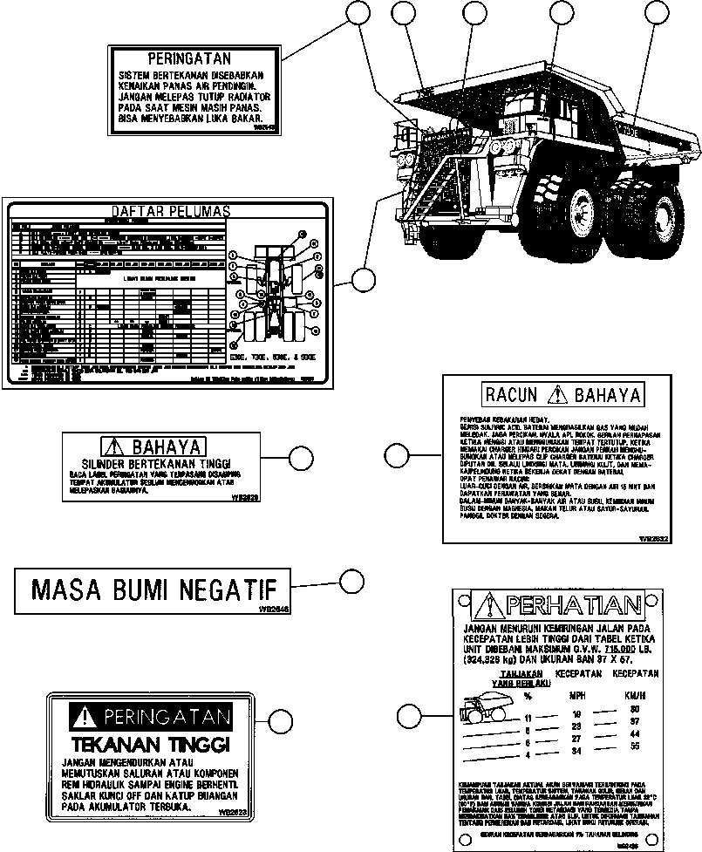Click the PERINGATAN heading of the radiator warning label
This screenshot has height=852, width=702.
189,60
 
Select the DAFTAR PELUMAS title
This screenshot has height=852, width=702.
170,211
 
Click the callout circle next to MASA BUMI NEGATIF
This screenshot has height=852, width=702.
351,582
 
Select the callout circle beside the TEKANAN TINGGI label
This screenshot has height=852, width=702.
280,720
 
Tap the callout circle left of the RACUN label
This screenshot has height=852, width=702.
397,454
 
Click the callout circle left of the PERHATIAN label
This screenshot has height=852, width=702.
408,716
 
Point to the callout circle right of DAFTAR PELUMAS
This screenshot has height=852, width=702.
361,280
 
